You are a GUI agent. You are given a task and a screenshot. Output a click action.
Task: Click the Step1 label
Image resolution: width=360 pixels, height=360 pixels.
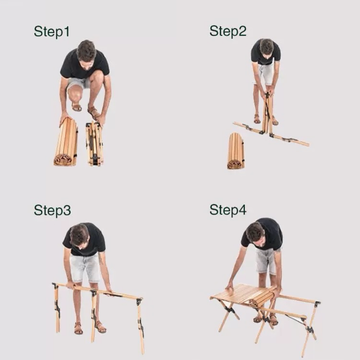coord(52,32)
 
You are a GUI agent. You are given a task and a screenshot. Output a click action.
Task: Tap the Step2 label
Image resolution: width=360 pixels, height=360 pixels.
coord(228,31)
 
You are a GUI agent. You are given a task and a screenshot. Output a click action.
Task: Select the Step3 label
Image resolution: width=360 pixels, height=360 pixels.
coord(52,210)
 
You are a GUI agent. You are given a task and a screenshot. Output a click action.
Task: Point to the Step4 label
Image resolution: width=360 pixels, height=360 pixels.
coord(228,210)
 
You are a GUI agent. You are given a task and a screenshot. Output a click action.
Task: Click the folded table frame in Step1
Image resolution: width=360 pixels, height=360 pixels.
coord(95,143)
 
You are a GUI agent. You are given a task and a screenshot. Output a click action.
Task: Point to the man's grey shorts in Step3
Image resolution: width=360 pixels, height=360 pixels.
coord(85,268)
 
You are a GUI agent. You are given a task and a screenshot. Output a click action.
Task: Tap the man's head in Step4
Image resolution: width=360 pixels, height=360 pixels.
coord(256,236)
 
